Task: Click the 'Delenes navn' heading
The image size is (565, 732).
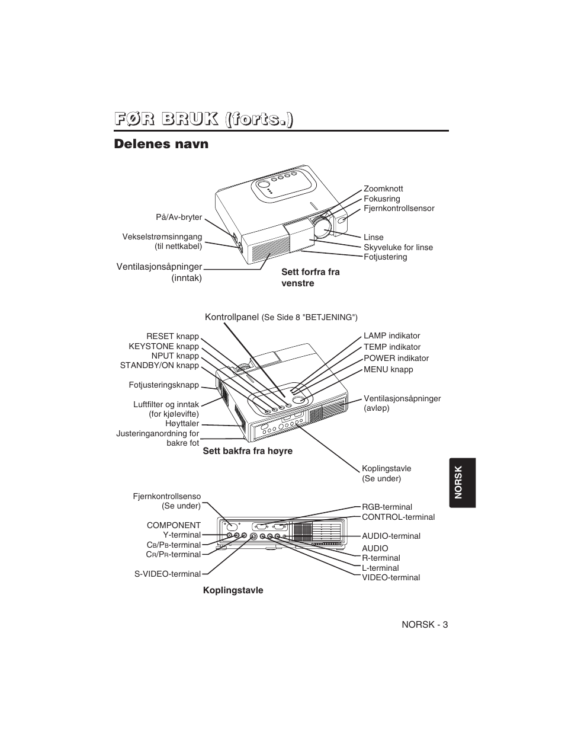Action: point(161,144)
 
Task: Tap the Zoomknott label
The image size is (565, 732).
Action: point(383,188)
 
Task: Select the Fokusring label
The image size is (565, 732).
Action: point(381,199)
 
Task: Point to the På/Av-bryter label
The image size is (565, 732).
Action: point(179,218)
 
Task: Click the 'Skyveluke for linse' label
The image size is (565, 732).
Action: point(398,247)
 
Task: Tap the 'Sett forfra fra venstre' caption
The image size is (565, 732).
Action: point(310,277)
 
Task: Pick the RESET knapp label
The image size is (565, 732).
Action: point(172,336)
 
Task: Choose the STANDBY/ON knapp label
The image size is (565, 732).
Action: point(159,366)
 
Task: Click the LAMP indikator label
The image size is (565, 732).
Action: point(391,336)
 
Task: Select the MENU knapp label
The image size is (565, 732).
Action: point(388,369)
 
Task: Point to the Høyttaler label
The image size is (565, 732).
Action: point(182,423)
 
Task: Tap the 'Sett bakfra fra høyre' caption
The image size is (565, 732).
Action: point(248,451)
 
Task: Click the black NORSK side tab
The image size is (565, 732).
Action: point(463,482)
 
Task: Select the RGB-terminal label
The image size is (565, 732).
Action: point(387,507)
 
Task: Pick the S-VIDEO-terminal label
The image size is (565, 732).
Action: point(167,574)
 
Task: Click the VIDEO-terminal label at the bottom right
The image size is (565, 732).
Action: point(391,577)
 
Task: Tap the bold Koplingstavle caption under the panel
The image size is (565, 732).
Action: point(233,590)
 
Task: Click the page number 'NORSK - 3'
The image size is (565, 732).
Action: point(425,625)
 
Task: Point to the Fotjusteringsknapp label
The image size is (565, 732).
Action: point(163,385)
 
